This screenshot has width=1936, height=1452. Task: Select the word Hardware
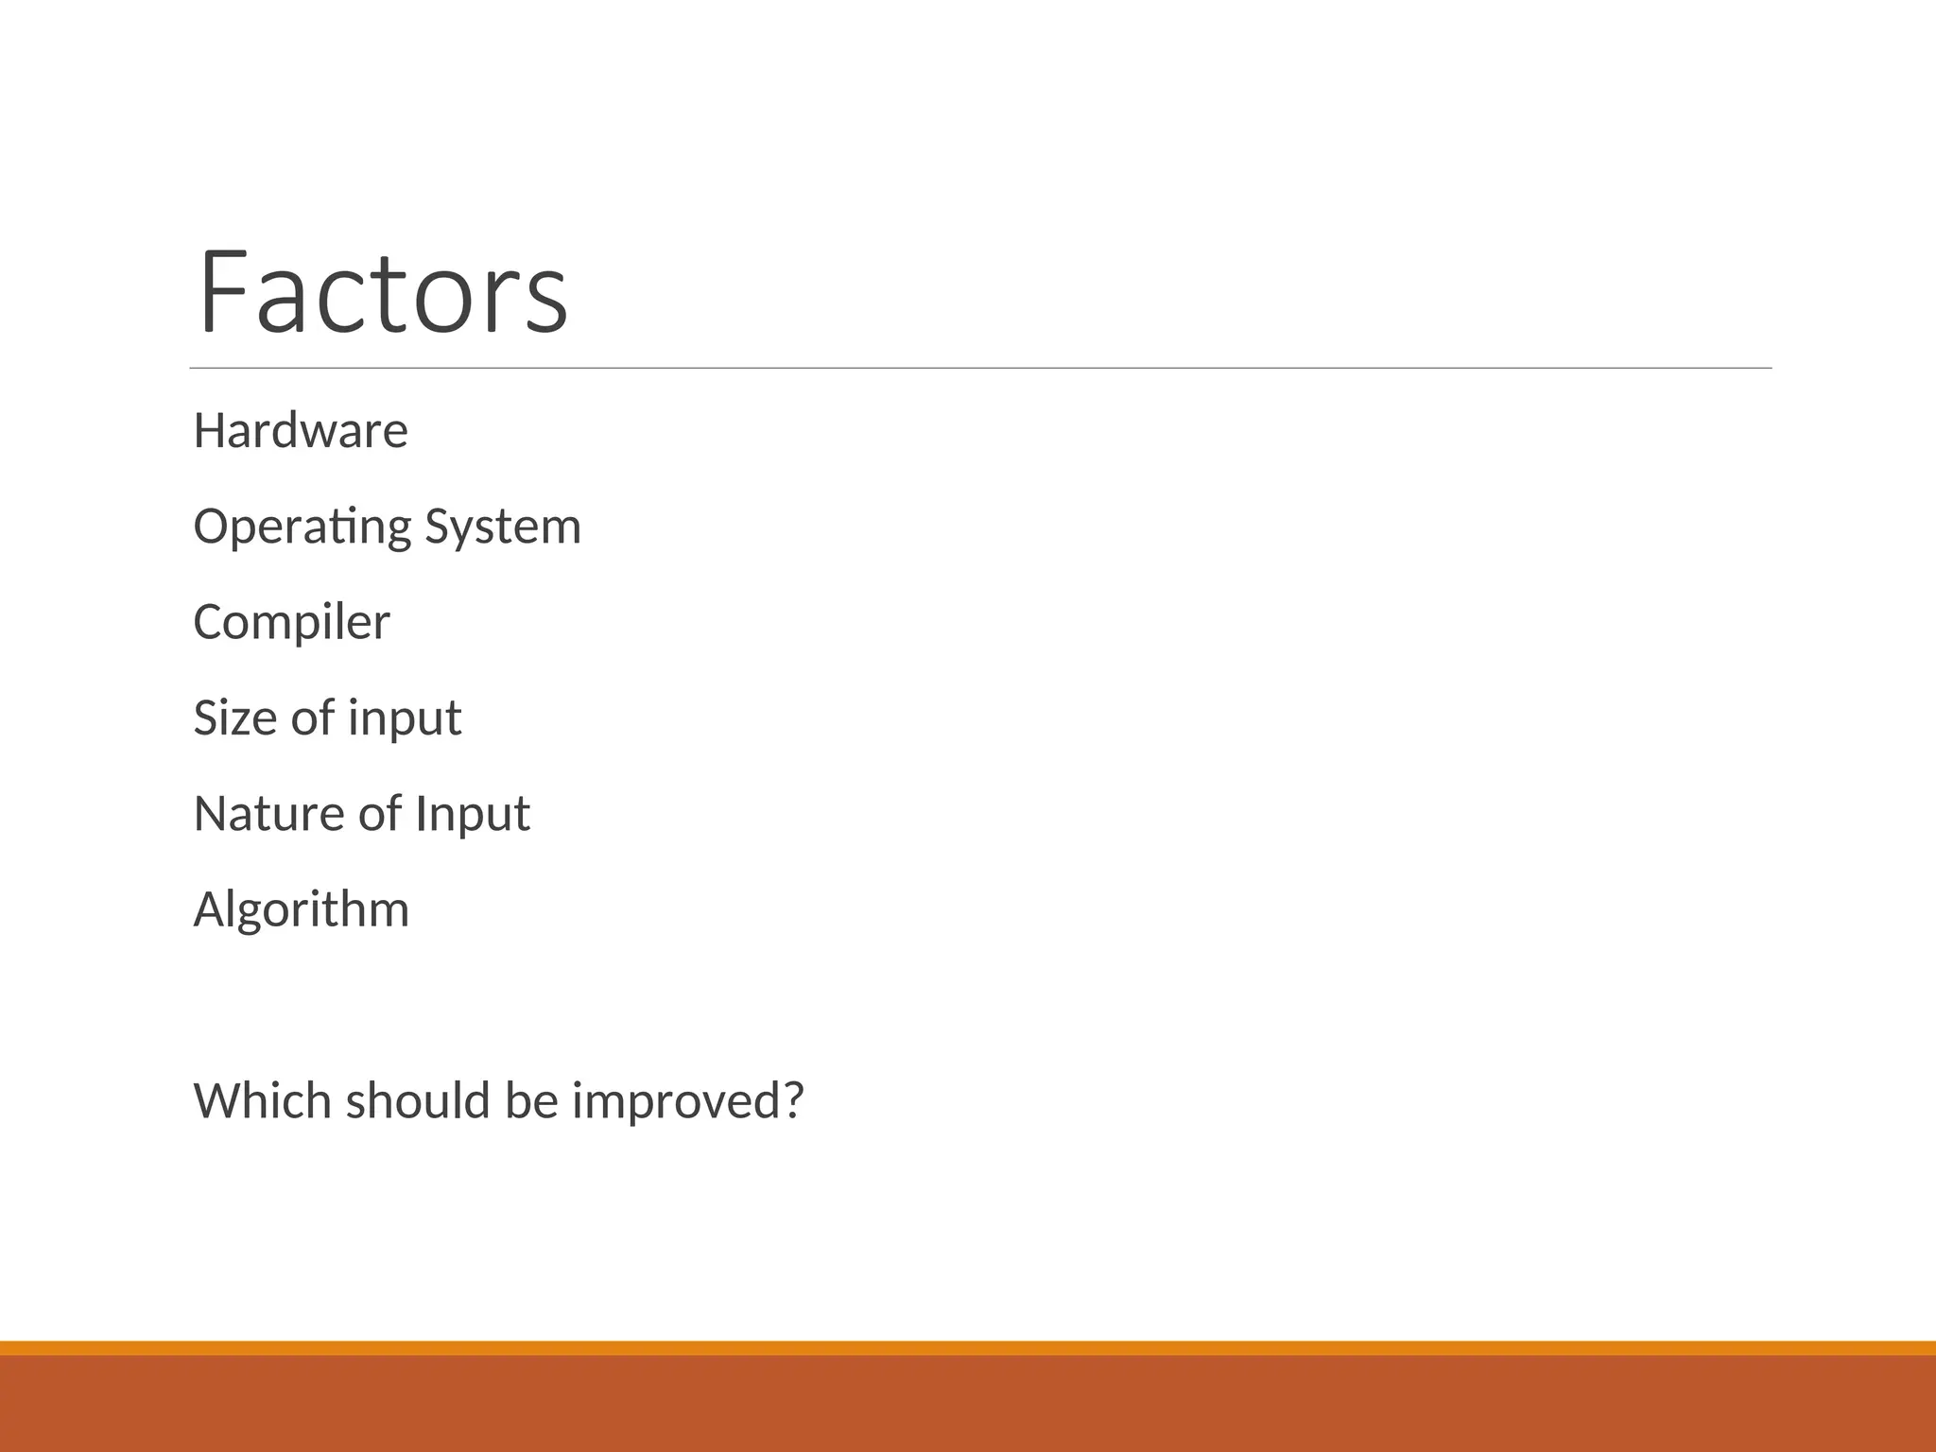pyautogui.click(x=301, y=431)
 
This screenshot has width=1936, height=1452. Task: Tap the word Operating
pyautogui.click(x=302, y=527)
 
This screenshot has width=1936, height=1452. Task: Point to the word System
pyautogui.click(x=503, y=527)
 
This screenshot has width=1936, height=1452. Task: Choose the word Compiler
pyautogui.click(x=291, y=623)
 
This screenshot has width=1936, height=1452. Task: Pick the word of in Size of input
pyautogui.click(x=313, y=717)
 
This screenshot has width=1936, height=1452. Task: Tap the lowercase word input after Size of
pyautogui.click(x=405, y=719)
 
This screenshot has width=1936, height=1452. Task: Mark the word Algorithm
pyautogui.click(x=301, y=910)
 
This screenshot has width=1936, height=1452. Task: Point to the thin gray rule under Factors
pyautogui.click(x=980, y=368)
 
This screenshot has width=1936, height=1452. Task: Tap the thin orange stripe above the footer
pyautogui.click(x=968, y=1348)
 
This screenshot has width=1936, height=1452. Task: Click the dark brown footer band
pyautogui.click(x=968, y=1405)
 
